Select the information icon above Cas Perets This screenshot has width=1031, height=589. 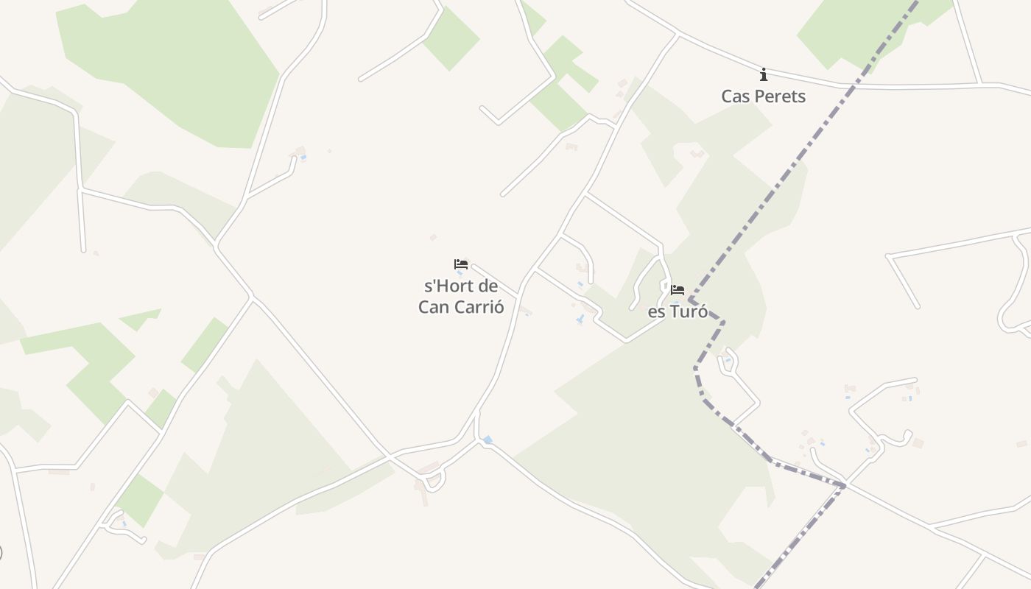click(x=764, y=74)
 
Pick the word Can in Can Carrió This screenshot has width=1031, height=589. click(x=433, y=307)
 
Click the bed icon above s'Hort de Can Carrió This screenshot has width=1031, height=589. click(x=461, y=264)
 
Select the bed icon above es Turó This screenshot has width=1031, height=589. click(x=678, y=290)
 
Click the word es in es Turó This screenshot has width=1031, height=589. click(x=655, y=312)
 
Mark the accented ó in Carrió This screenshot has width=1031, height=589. click(x=499, y=307)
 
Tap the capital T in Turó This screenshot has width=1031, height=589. click(x=672, y=312)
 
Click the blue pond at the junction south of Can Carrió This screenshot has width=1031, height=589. click(x=488, y=440)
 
